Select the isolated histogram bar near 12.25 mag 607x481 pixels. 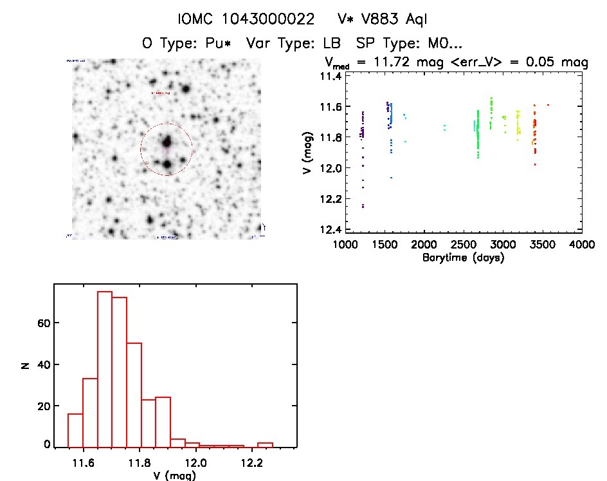(266, 444)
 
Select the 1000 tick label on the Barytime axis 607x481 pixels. (345, 245)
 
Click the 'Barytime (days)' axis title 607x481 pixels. (462, 258)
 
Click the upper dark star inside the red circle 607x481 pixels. (167, 142)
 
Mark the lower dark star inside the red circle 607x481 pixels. (167, 165)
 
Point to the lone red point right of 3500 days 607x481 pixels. (548, 104)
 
